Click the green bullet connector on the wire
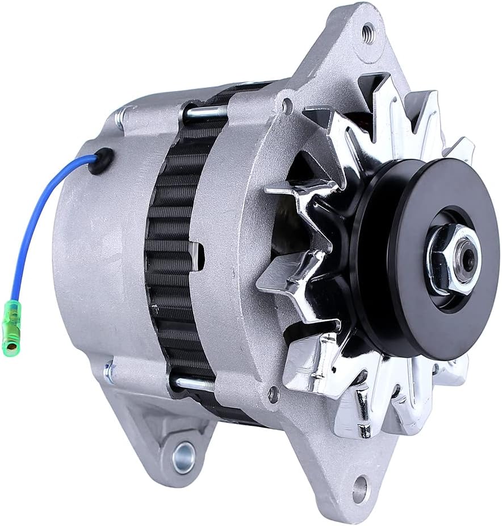(11, 328)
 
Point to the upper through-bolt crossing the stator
(207, 112)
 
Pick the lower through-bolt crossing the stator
(193, 383)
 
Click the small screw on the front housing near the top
(287, 105)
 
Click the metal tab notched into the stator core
(195, 256)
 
